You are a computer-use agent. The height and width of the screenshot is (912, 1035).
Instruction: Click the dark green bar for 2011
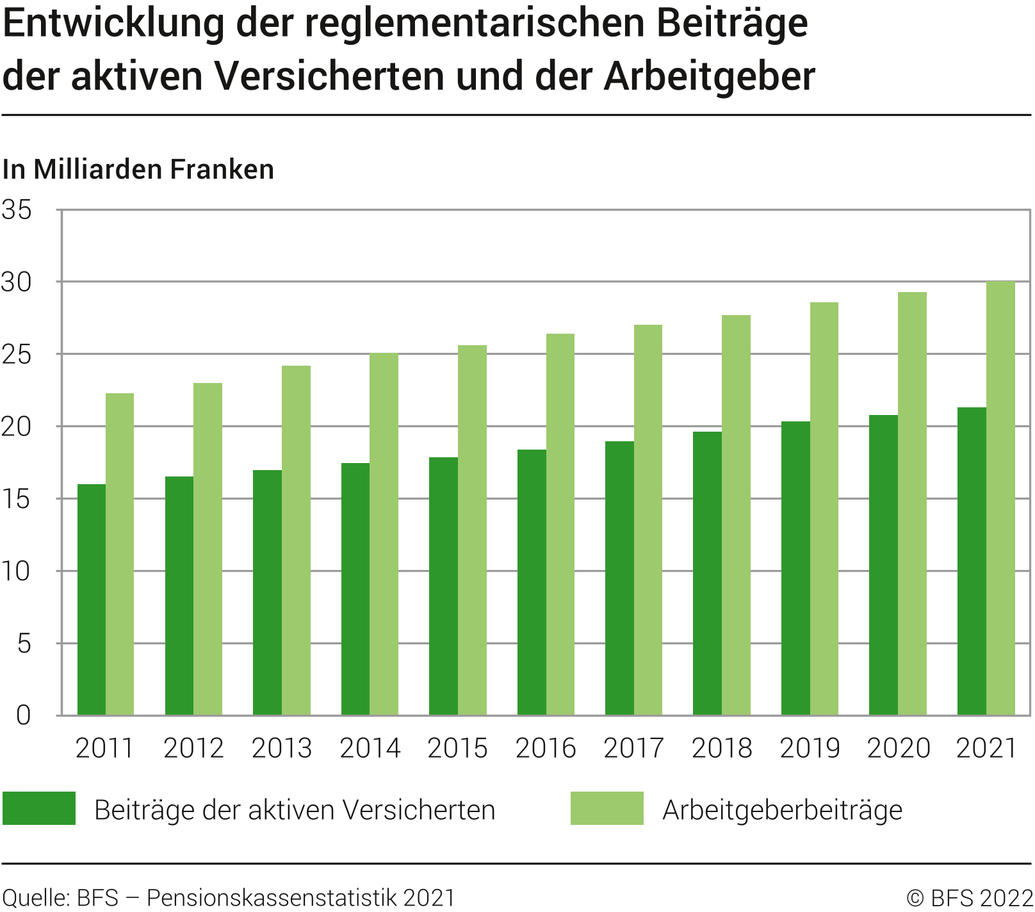pyautogui.click(x=92, y=599)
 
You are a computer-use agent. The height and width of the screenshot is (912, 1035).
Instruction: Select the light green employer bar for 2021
pyautogui.click(x=1000, y=498)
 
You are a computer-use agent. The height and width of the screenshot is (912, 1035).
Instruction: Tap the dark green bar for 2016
pyautogui.click(x=532, y=582)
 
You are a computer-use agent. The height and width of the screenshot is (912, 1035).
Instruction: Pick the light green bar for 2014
pyautogui.click(x=384, y=534)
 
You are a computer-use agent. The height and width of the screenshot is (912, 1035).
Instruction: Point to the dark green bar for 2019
pyautogui.click(x=795, y=568)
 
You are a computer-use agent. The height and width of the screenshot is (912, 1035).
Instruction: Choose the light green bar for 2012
pyautogui.click(x=208, y=549)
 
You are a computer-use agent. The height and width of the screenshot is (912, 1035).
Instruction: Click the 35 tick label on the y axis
pyautogui.click(x=17, y=210)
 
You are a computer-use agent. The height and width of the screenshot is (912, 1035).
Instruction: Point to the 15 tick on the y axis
pyautogui.click(x=17, y=499)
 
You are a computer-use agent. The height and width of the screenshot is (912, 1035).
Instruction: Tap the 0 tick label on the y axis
pyautogui.click(x=23, y=715)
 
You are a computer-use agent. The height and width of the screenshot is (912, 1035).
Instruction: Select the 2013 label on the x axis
pyautogui.click(x=281, y=748)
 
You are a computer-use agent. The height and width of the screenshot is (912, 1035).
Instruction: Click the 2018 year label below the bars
pyautogui.click(x=721, y=748)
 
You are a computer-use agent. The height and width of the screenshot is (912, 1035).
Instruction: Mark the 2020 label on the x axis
pyautogui.click(x=898, y=748)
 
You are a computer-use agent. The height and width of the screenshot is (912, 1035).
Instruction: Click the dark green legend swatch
pyautogui.click(x=39, y=808)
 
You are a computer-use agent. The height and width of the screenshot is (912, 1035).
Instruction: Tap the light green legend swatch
pyautogui.click(x=607, y=808)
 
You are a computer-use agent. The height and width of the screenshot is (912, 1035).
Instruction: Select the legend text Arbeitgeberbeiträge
pyautogui.click(x=782, y=810)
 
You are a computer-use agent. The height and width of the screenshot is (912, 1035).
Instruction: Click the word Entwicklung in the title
pyautogui.click(x=114, y=24)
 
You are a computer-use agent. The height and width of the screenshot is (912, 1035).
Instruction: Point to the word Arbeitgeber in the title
pyautogui.click(x=709, y=76)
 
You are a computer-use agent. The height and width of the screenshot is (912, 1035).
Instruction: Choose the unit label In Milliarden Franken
pyautogui.click(x=138, y=170)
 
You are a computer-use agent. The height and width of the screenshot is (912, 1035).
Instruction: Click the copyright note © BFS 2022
pyautogui.click(x=969, y=898)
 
